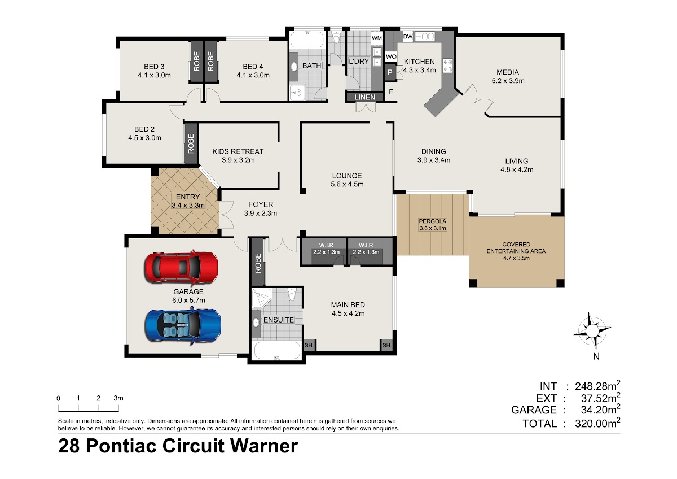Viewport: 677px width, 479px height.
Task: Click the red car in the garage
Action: [x=181, y=268]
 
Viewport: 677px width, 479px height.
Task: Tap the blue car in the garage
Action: [x=183, y=325]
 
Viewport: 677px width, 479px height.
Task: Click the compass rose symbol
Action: [x=592, y=330]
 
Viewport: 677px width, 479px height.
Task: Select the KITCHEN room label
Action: [x=419, y=62]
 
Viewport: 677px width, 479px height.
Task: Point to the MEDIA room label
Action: [x=508, y=72]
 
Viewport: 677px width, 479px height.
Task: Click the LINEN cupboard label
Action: [x=365, y=97]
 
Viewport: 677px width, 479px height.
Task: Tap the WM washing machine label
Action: [x=377, y=38]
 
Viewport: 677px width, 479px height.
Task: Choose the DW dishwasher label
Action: [x=408, y=37]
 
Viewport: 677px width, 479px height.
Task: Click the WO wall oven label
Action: [x=391, y=56]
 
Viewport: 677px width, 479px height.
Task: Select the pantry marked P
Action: [x=390, y=72]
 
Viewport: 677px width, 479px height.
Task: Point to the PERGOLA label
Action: [x=433, y=221]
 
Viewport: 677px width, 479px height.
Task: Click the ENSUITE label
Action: [x=278, y=320]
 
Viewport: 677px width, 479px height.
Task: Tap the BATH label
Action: [x=311, y=66]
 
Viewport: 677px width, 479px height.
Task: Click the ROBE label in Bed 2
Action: [x=191, y=143]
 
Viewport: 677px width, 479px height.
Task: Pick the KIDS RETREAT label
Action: [x=238, y=151]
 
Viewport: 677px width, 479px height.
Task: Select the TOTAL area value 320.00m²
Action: [x=597, y=423]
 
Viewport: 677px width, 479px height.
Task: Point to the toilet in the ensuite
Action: [x=291, y=294]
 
